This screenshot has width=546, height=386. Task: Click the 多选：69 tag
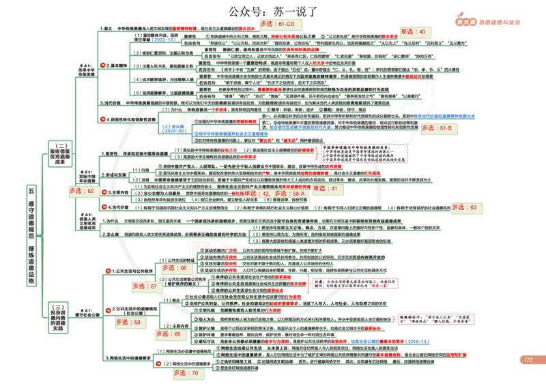[170, 334]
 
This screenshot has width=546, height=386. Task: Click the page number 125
[528, 359]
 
